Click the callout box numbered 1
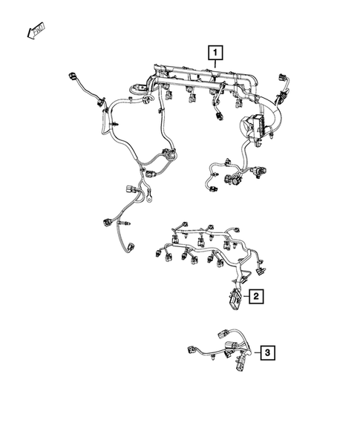point(215,53)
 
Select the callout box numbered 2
point(255,297)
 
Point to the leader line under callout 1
point(215,65)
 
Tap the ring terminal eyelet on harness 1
point(150,197)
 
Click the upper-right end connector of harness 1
point(284,80)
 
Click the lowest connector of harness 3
point(239,365)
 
